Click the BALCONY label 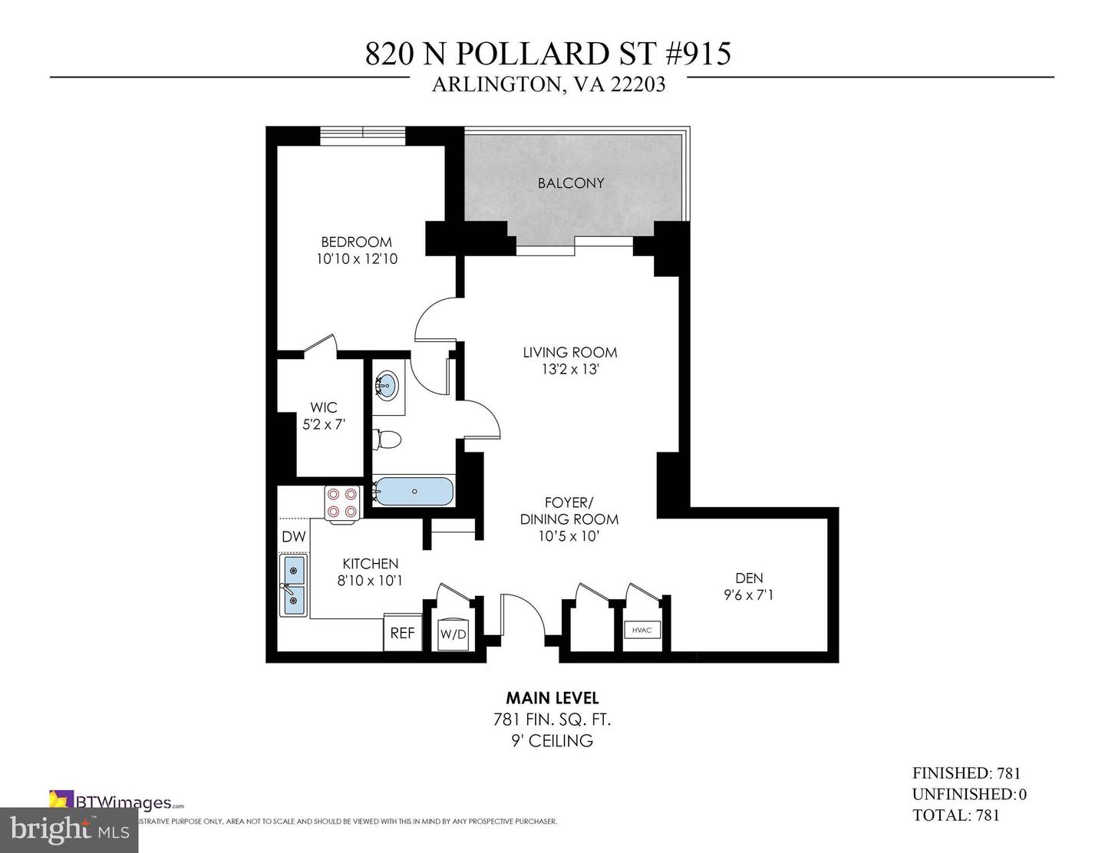[x=570, y=183]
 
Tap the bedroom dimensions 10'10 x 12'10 [x=357, y=259]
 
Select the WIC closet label [x=323, y=407]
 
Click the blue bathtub [x=414, y=491]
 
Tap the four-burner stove [x=341, y=502]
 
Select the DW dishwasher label [x=293, y=537]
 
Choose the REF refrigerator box [x=402, y=633]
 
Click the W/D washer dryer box [x=453, y=634]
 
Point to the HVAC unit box [x=642, y=631]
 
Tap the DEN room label [x=749, y=578]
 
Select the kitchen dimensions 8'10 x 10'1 [x=370, y=581]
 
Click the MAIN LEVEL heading [x=552, y=698]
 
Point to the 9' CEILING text [x=552, y=741]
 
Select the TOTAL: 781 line [x=955, y=815]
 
